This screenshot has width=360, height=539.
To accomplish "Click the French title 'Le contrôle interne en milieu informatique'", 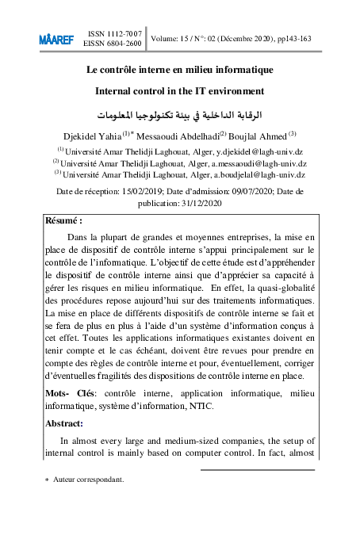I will point(179,69).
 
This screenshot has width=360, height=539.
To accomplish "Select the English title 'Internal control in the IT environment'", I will point(179,91).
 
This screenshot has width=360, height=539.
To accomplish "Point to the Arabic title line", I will point(179,114).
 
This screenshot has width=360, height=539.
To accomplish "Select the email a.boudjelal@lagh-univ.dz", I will point(255,174).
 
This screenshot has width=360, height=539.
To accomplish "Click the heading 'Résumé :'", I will point(64,221).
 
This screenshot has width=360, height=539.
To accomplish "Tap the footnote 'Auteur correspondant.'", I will point(88,480).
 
